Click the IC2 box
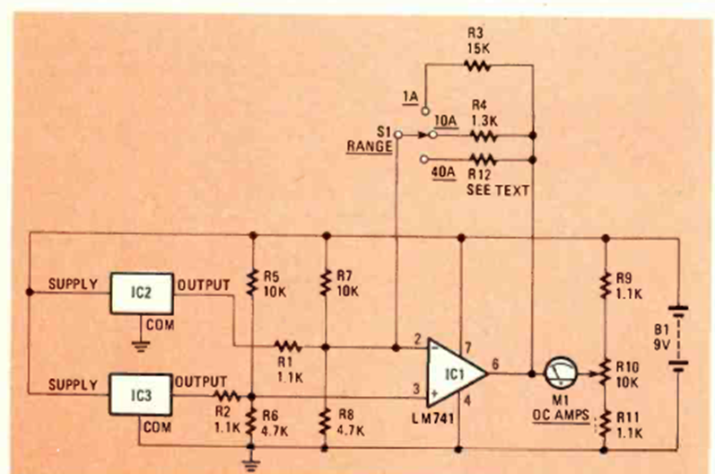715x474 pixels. tap(141, 293)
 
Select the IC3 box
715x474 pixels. tap(141, 391)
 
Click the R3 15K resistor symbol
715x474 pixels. tap(476, 65)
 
